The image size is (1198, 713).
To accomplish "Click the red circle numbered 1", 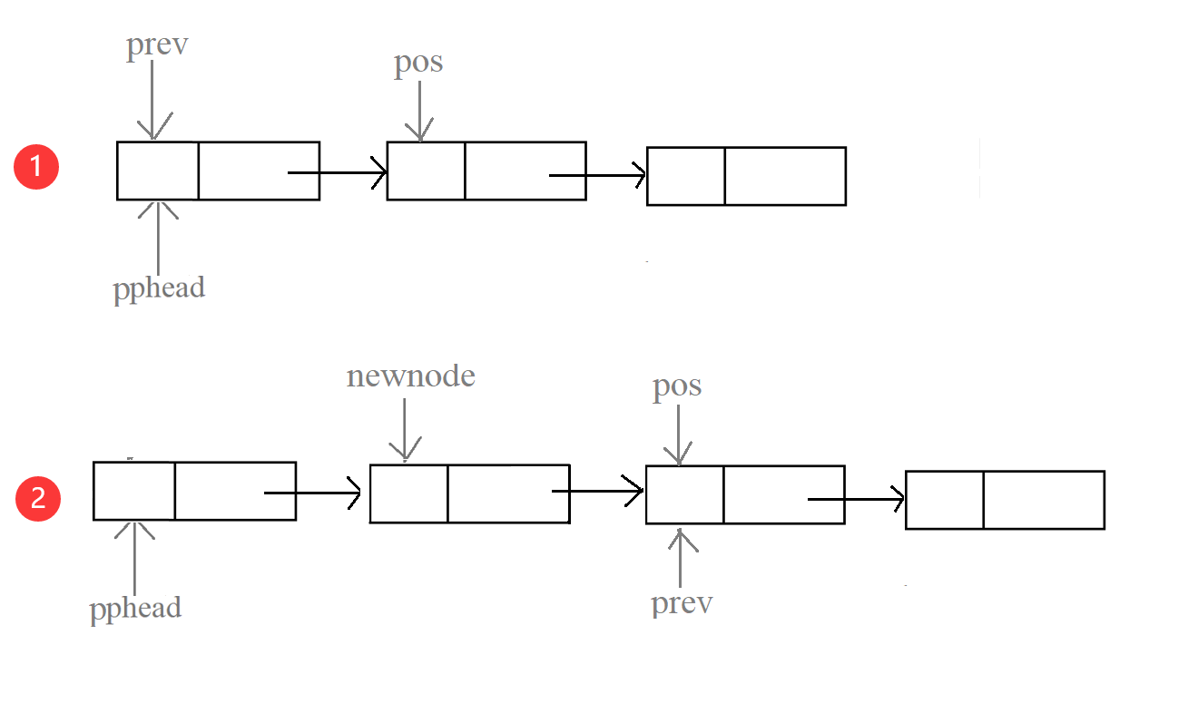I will point(36,168).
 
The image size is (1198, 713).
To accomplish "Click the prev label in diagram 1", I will point(157,45).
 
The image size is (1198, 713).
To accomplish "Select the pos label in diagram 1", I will point(418,63).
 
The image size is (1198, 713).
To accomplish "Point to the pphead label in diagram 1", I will point(159,288).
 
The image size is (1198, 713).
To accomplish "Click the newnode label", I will point(410,376).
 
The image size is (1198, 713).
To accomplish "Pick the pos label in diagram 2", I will point(677,386).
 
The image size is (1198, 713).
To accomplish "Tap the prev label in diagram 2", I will point(682,603).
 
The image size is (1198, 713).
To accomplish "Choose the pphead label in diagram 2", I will point(135,607).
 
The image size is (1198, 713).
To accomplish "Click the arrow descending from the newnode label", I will point(405,426).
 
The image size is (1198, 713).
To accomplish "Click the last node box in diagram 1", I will point(746,176).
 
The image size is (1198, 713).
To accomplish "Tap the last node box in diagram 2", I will point(1005,500).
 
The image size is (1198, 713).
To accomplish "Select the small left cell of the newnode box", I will point(408,493).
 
